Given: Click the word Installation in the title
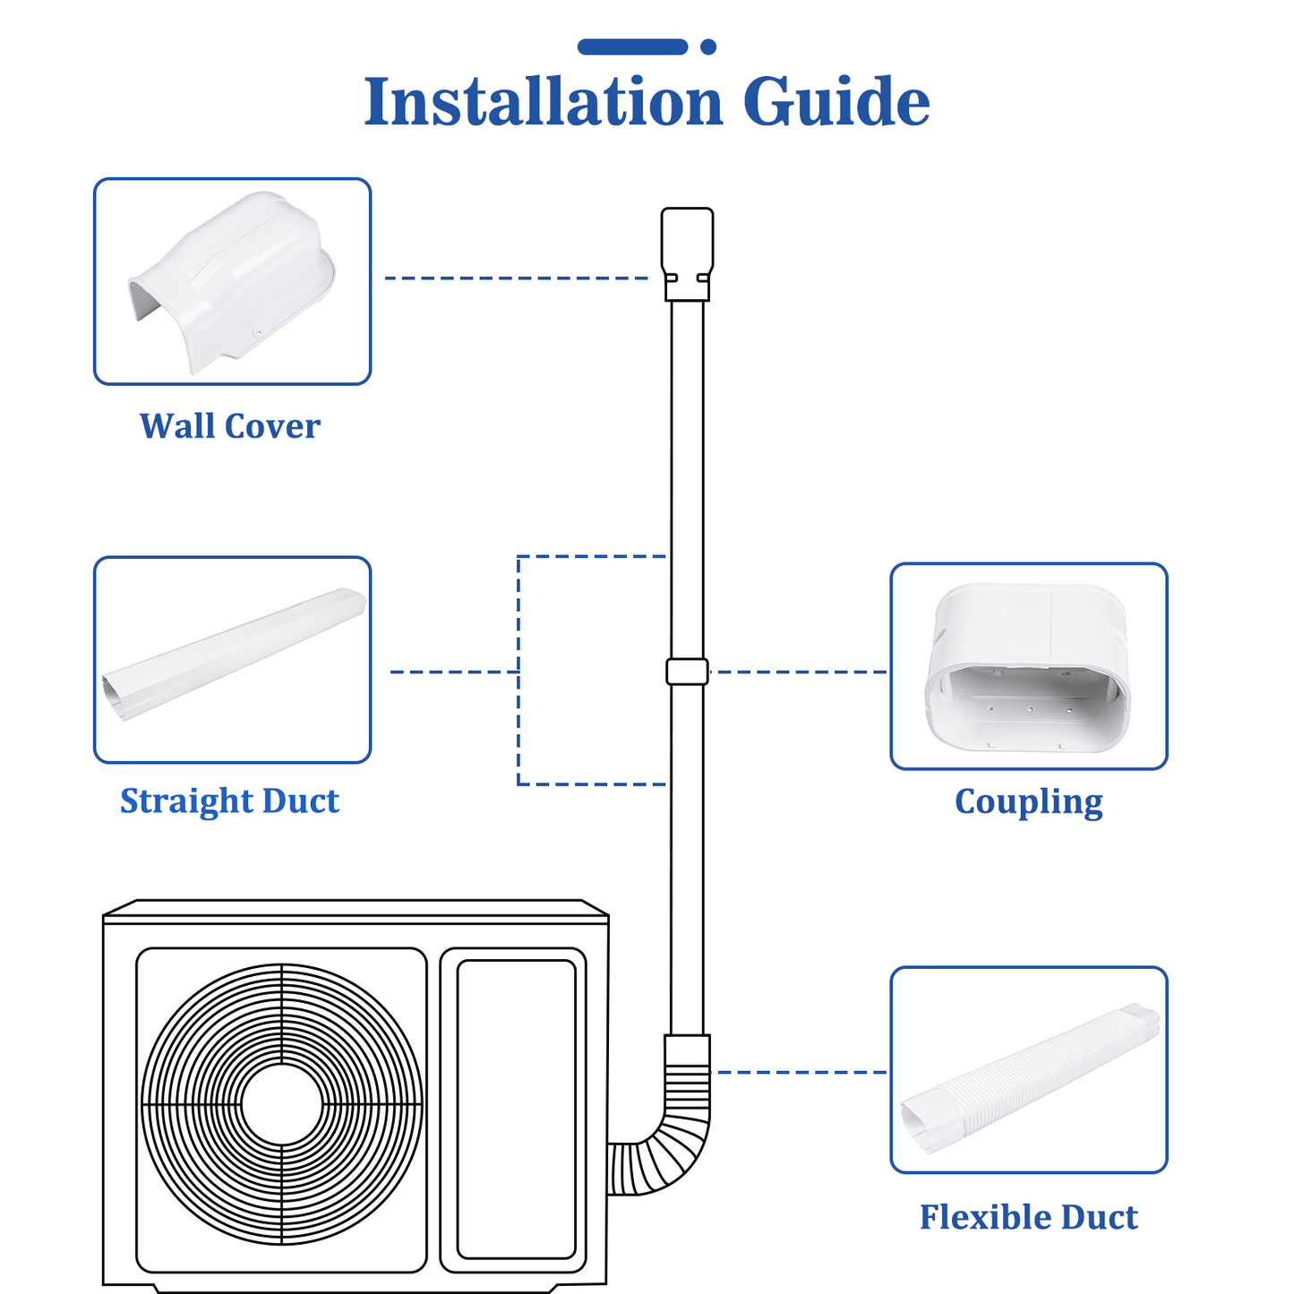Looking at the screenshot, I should pos(543,102).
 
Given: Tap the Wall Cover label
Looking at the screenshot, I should pos(230,426).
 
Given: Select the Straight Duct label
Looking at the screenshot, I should pos(229,801).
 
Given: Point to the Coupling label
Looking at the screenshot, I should pos(1028,801).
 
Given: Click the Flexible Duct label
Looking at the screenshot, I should pos(1028,1217).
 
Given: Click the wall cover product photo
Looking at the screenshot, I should pos(232,281).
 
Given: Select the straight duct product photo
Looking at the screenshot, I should pos(232,659).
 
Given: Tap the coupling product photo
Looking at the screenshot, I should pos(1028,666).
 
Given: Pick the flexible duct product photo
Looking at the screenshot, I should pos(1028,1070).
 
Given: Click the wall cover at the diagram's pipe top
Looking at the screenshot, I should pos(687,251).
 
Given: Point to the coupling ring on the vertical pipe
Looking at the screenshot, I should pos(687,672).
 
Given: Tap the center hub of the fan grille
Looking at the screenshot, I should pos(281,1105).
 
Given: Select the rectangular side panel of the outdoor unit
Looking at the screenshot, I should pos(516,1110).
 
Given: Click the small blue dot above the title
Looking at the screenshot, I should pos(708,47).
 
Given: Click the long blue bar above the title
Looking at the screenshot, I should pos(632,47).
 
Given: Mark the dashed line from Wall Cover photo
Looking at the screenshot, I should pos(515,279).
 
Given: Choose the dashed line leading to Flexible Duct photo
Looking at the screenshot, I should pos(801,1072).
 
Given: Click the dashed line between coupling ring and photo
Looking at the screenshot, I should pos(797,672).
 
